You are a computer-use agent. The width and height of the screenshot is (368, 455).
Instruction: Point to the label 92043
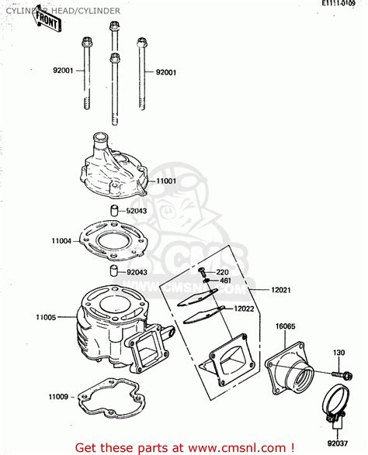tap(139, 271)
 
